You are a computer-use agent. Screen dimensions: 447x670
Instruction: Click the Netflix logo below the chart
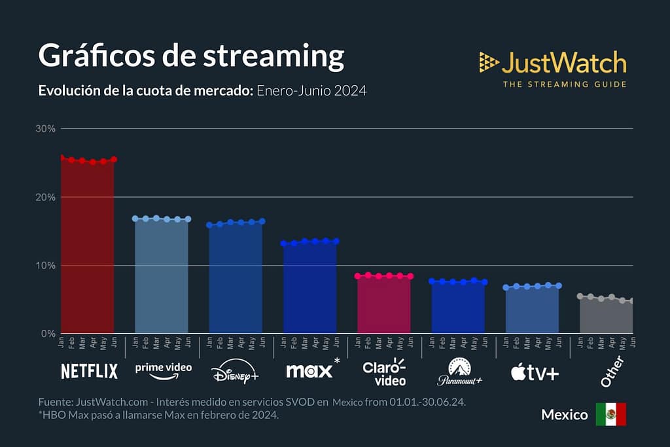pos(89,371)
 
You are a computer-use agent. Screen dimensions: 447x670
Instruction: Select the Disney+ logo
pos(235,372)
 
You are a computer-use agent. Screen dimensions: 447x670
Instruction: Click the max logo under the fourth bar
pos(309,370)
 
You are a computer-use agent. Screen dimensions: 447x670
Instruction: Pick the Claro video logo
pos(384,371)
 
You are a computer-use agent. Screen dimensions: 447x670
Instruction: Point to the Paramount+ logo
pos(459,371)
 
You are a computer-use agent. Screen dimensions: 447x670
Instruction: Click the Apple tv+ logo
pos(535,372)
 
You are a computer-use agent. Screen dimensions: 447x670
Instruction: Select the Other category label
pos(612,370)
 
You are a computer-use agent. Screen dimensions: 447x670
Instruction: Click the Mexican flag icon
pos(610,414)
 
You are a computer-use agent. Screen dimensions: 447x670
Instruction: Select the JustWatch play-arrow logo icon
pos(488,62)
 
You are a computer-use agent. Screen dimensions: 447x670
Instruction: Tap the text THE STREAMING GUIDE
pos(564,84)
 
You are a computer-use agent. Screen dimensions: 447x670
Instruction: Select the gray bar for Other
pos(607,317)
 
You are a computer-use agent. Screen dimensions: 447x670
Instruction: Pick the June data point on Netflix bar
pos(114,159)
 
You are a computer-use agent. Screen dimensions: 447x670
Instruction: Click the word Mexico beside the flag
pos(564,415)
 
